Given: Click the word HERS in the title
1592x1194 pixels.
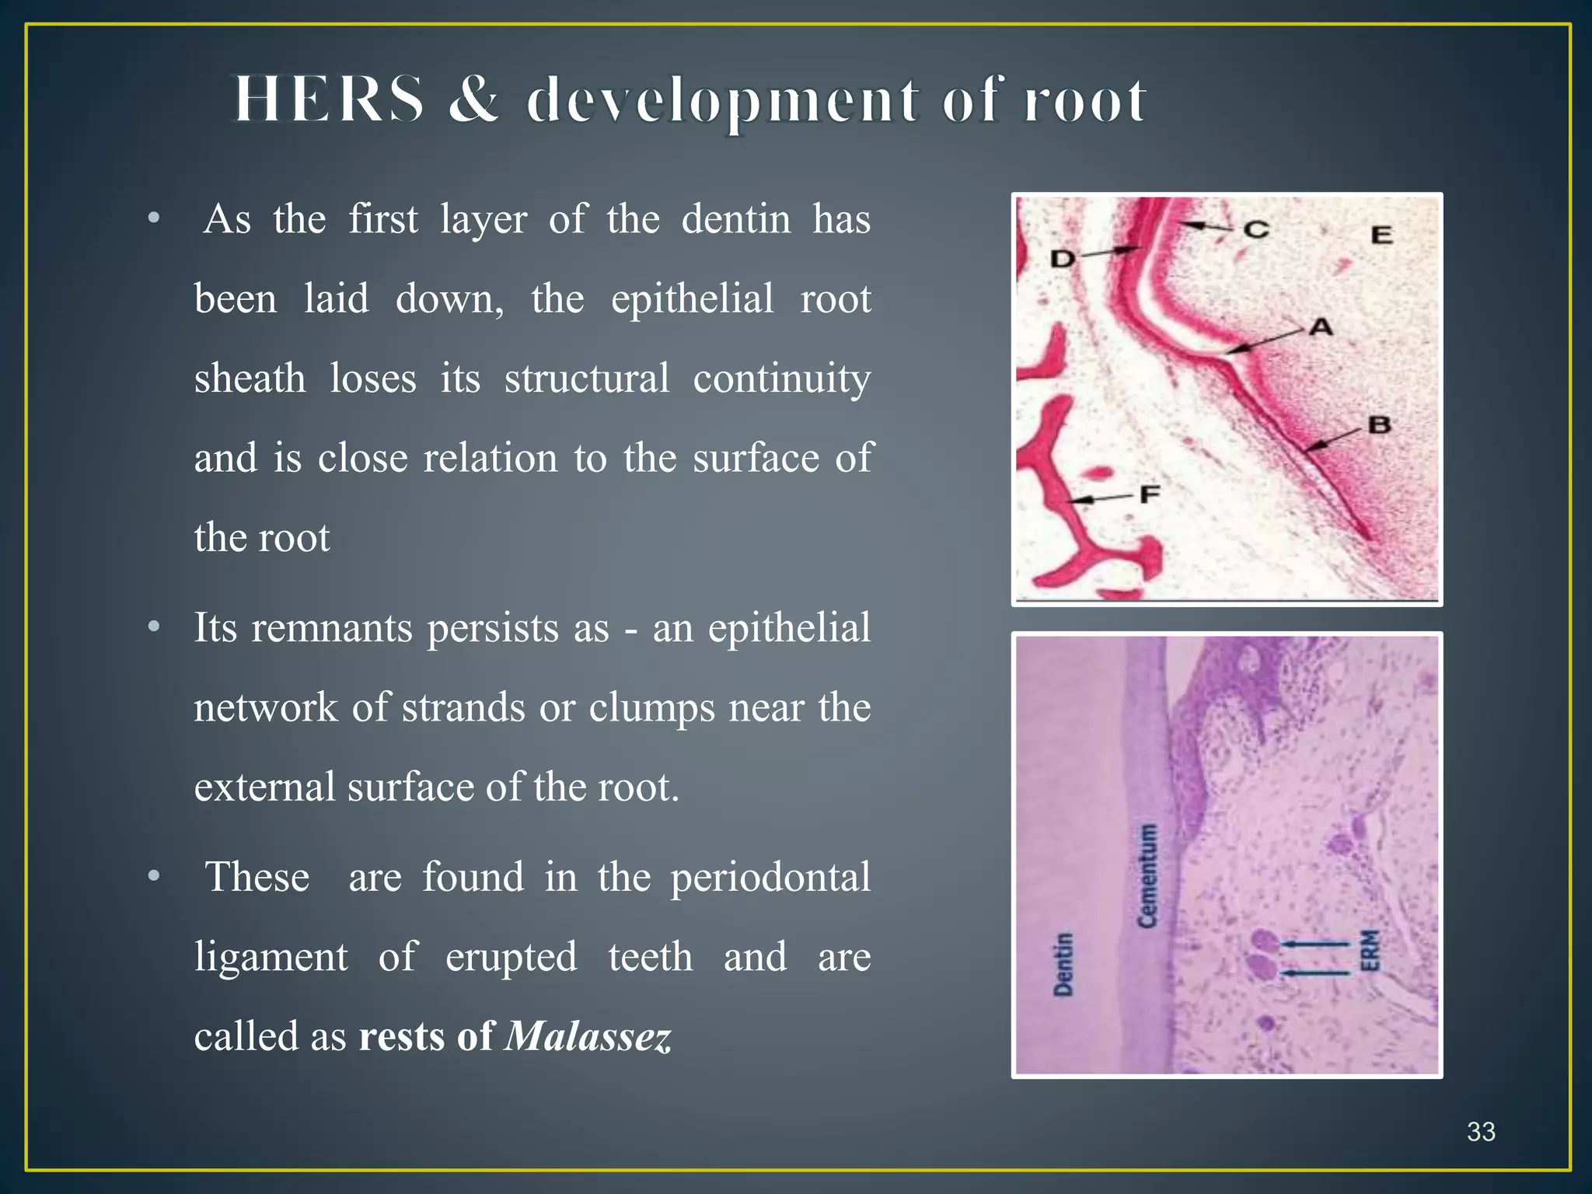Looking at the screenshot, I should pos(330,100).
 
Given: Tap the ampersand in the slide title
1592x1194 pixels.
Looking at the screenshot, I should pos(474,100).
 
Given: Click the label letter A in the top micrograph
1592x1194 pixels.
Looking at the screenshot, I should pos(1321,327).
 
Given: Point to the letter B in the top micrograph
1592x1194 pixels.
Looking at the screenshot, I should pos(1379,425).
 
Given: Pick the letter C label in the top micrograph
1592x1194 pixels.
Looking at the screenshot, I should pos(1256,229).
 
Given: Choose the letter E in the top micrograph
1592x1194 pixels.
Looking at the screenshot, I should pos(1381,235).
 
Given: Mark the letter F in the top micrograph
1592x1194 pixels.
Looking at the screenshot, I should pos(1150,494).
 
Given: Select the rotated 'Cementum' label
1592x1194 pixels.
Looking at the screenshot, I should pos(1147,875).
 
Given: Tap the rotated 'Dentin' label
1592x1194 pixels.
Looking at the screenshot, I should pos(1063,964).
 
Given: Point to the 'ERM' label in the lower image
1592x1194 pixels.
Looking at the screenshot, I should pos(1370,950).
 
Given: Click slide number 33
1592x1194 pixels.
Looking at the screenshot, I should pos(1481,1131).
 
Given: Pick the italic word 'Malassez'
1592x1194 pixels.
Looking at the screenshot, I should pos(588,1036).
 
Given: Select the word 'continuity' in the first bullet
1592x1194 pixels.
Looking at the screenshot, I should pos(781,379).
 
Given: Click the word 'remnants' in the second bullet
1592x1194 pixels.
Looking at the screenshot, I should pos(332,627).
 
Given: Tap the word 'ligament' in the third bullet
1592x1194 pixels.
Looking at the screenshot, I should pos(271,957).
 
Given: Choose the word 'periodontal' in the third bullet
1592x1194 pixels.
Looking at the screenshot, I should pos(770,878).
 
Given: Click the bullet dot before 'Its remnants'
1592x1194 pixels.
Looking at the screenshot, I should pos(154,627).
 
